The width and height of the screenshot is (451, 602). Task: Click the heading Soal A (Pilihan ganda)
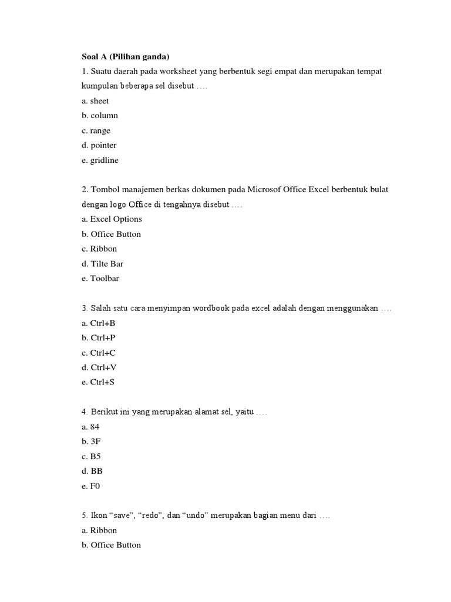tap(125, 56)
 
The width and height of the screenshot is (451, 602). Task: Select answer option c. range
tap(96, 131)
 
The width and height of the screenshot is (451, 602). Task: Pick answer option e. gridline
tap(100, 160)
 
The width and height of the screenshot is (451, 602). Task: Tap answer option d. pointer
tap(99, 145)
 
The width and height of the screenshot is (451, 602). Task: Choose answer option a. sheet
tap(95, 101)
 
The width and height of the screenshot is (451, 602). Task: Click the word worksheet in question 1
tap(179, 71)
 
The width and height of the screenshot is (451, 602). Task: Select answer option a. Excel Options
tap(112, 219)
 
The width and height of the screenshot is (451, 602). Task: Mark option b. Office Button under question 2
tap(111, 234)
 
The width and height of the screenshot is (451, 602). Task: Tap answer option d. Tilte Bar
tap(102, 264)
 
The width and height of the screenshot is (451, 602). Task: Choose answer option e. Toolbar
tap(100, 279)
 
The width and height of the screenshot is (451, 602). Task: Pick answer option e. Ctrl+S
tap(99, 382)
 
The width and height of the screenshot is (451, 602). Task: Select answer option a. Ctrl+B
tap(99, 323)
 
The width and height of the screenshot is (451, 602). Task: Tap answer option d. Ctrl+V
tap(99, 367)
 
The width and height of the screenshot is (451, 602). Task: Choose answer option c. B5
tap(92, 456)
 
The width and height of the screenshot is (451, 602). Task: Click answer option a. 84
tap(91, 427)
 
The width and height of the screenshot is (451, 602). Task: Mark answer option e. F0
tap(91, 486)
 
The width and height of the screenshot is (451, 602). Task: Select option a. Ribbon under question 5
tap(99, 530)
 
